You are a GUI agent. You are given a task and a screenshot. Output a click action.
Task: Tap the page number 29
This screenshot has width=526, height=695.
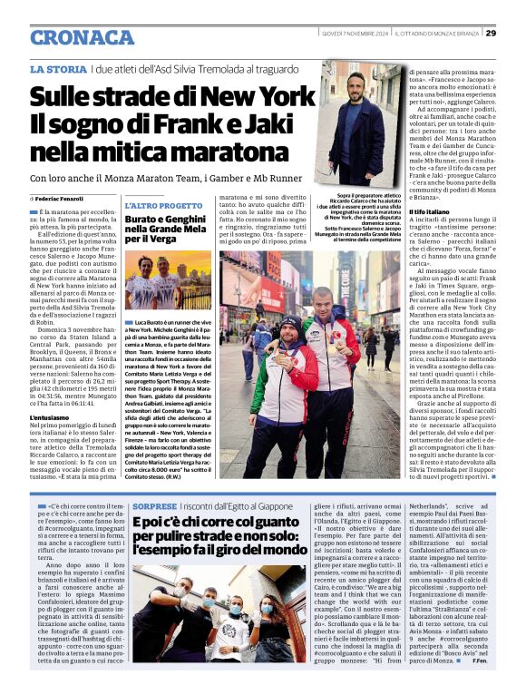click(491, 34)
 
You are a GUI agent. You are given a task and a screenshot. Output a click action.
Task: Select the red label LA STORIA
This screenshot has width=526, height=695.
click(59, 70)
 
